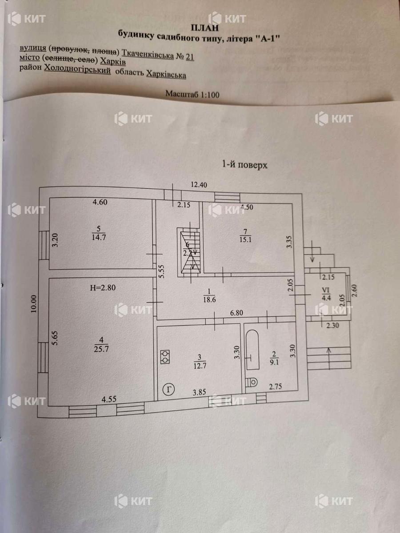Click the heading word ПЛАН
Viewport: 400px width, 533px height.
205,28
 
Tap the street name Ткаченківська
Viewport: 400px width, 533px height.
148,54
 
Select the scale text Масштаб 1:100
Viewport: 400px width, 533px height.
192,94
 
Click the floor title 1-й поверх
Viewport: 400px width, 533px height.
244,165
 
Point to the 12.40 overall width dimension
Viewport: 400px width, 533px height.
199,185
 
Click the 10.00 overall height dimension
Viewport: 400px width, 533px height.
33,304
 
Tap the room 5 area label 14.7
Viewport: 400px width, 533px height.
99,237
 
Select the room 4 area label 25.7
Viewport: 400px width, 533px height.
101,350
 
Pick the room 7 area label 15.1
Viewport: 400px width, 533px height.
245,240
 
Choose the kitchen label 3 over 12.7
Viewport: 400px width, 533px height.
200,362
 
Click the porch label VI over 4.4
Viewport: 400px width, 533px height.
326,294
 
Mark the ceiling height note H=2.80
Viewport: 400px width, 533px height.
103,288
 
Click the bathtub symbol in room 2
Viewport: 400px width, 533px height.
252,350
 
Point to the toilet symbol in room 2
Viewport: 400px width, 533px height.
252,382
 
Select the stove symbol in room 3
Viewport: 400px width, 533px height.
165,357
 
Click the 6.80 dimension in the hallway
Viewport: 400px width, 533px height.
236,313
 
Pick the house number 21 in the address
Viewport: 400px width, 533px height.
190,57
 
